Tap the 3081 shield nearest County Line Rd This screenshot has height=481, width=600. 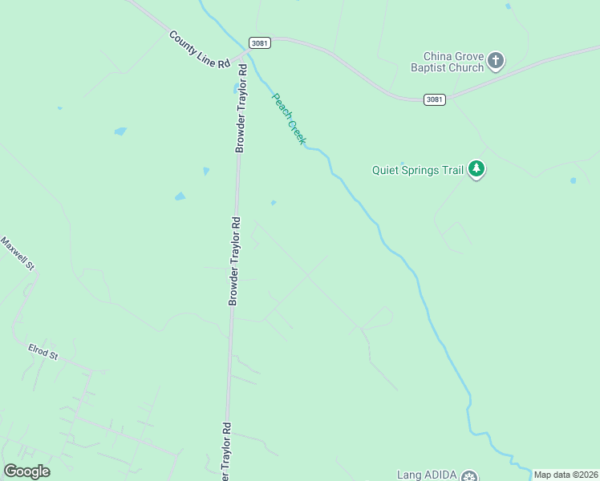[x=259, y=42]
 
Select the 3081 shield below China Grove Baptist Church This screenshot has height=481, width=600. [x=434, y=99]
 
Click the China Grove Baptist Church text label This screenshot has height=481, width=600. [x=454, y=62]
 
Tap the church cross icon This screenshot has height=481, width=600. [x=497, y=59]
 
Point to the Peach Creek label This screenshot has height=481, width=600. [x=289, y=119]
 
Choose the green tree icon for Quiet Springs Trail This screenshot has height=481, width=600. [x=477, y=169]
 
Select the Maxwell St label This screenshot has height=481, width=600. [x=18, y=253]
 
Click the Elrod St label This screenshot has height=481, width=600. [x=43, y=352]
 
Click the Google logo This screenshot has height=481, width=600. [x=26, y=471]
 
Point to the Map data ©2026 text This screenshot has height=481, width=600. [x=566, y=475]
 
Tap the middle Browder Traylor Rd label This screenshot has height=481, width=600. [x=234, y=260]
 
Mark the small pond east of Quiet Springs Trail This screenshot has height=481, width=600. [x=573, y=180]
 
